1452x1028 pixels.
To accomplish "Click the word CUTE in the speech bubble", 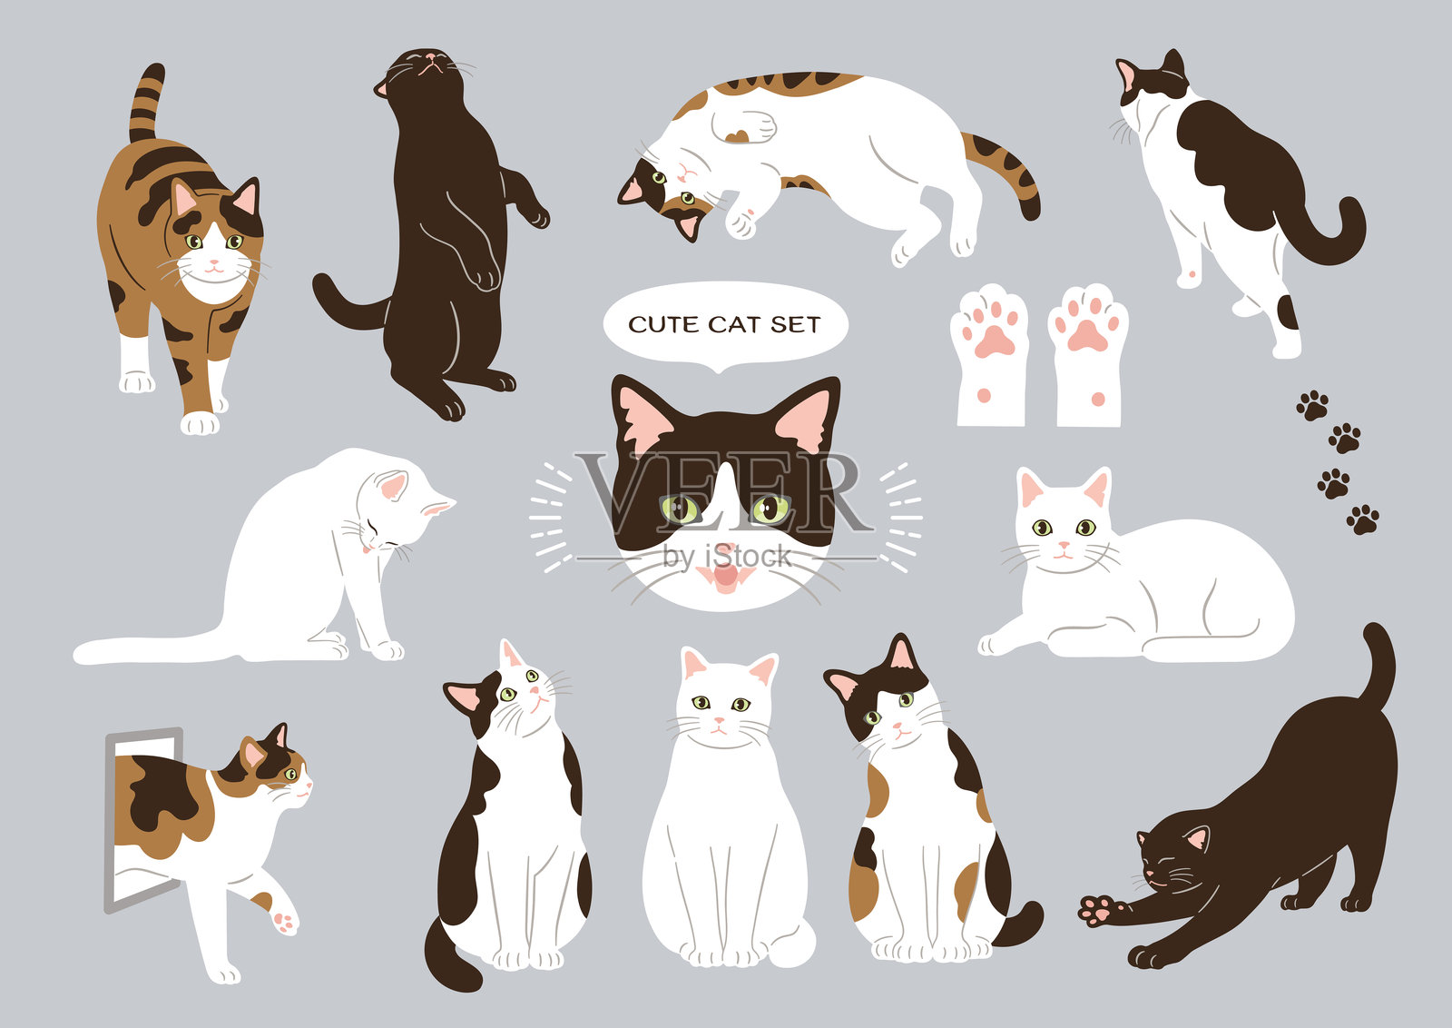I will pyautogui.click(x=664, y=324).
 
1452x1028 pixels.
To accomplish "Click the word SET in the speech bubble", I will pyautogui.click(x=795, y=324).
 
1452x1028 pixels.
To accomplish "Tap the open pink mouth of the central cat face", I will pyautogui.click(x=723, y=574).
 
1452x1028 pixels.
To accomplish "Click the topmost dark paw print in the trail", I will pyautogui.click(x=1312, y=404).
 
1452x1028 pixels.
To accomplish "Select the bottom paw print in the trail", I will pyautogui.click(x=1362, y=519).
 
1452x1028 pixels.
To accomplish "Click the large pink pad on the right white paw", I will pyautogui.click(x=1087, y=336).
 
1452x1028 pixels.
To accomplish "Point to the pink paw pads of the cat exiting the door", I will pyautogui.click(x=284, y=922).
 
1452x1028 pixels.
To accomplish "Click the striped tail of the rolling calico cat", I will pyautogui.click(x=1007, y=173).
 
